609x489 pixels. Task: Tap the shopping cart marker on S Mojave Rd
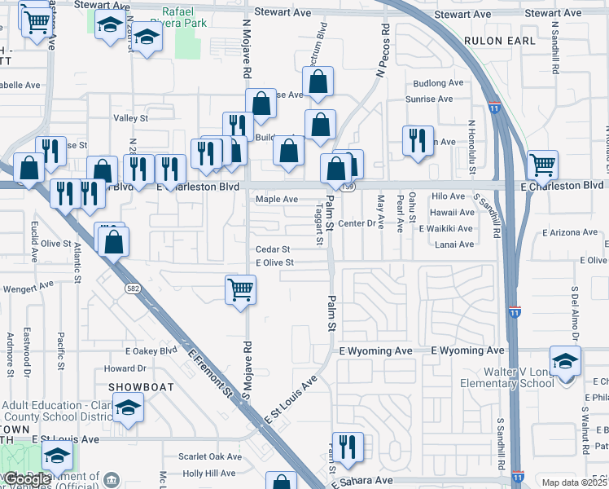point(241,289)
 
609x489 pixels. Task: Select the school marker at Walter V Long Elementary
point(566,360)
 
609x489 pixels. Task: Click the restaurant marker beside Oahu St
point(418,139)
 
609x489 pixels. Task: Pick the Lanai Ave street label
point(454,244)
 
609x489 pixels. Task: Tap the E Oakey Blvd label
point(151,351)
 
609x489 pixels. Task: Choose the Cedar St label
point(273,249)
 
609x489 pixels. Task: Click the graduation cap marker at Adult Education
point(128,407)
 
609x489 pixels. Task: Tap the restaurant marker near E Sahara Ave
point(348,446)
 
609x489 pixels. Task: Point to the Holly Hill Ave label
point(208,473)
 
